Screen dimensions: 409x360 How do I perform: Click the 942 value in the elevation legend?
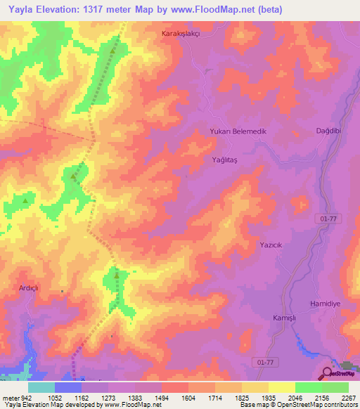[x=27, y=397]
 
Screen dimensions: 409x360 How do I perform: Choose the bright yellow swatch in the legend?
[x=282, y=387]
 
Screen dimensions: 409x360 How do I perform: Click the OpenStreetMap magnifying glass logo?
[x=328, y=375]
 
